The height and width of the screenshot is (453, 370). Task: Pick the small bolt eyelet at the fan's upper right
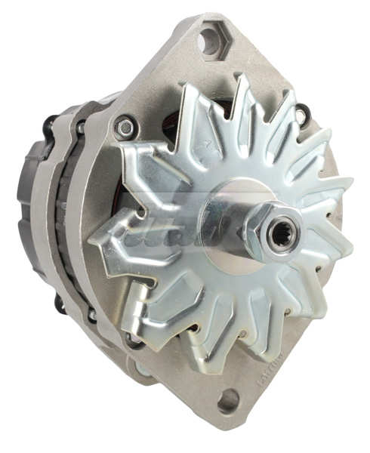[x=302, y=116]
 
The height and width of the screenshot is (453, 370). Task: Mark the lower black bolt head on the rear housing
[x=59, y=303]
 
